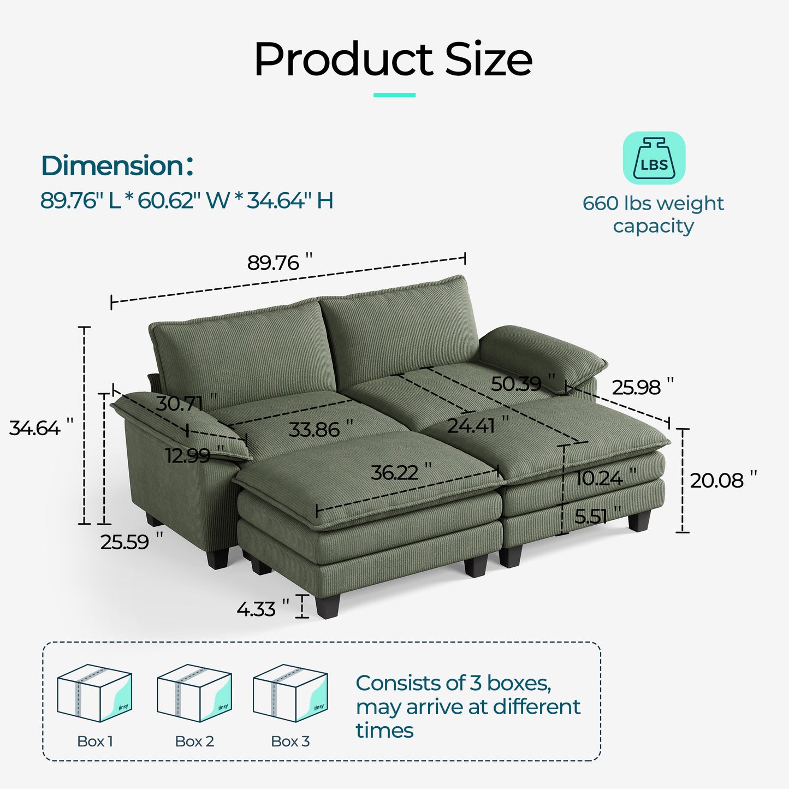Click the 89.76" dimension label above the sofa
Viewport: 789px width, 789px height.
(x=280, y=263)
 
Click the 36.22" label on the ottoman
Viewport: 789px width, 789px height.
(x=401, y=472)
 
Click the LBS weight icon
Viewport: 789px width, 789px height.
(x=654, y=158)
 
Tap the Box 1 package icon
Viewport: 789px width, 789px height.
(x=94, y=693)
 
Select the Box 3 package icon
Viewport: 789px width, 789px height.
(x=290, y=693)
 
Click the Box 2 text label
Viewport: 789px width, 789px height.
(x=194, y=741)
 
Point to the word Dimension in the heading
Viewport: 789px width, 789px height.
(x=112, y=165)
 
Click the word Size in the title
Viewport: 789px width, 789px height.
(x=489, y=60)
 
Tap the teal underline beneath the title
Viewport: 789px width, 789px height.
(x=394, y=95)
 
